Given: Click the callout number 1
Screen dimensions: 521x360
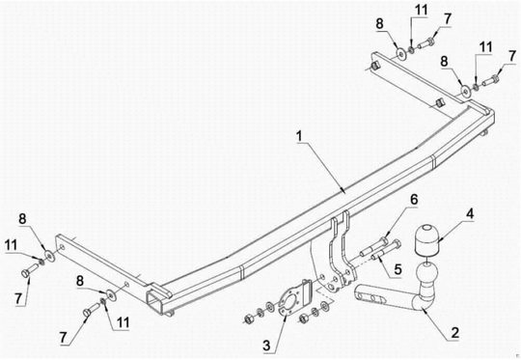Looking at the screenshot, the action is tap(299, 137).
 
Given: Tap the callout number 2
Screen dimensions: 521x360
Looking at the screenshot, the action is tap(454, 333).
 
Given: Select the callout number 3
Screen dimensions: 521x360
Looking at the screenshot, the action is tap(266, 346).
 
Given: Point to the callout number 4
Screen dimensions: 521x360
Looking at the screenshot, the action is tap(469, 214).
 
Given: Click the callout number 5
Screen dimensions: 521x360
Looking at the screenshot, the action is tap(398, 268).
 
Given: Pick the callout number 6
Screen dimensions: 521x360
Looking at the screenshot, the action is tap(414, 200).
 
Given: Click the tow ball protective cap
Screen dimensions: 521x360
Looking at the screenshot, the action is tap(426, 240).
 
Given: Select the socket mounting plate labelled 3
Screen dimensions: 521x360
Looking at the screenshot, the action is tap(288, 301).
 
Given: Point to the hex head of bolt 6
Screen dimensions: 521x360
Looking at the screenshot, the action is tap(385, 240).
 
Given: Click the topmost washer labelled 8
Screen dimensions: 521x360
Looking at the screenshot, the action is tap(401, 54).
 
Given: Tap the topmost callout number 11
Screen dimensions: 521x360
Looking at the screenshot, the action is tap(421, 10).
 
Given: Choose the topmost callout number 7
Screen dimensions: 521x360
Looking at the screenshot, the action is tap(448, 19).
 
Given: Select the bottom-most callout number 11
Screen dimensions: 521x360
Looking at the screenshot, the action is tap(123, 322).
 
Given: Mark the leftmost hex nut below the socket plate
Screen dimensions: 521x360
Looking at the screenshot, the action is tap(248, 319).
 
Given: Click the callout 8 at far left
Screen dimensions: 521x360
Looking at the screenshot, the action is tap(22, 219).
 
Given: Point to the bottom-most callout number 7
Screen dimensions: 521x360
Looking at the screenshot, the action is tap(64, 338).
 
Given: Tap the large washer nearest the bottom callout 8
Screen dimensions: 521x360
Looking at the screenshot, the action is tap(109, 294).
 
